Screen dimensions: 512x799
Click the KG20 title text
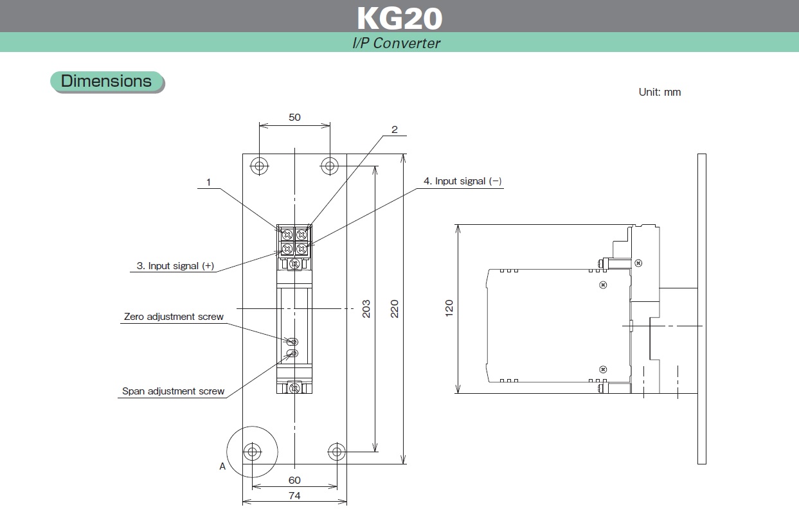point(399,18)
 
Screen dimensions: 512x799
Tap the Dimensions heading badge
point(107,82)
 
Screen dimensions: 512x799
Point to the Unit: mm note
point(660,92)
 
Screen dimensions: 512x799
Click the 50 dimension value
point(294,118)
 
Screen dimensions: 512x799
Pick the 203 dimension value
point(366,308)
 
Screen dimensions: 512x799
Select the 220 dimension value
point(395,308)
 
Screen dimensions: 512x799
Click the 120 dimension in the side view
point(449,308)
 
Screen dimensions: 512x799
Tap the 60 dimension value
point(294,480)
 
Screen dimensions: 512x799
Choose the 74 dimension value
point(294,495)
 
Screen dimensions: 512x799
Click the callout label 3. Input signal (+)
point(175,266)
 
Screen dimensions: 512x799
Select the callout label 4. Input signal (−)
point(462,181)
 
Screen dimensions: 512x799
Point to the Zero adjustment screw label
point(174,317)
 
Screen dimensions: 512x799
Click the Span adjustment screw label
point(174,391)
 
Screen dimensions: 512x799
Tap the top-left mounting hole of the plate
point(259,166)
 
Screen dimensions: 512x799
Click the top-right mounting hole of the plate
point(330,166)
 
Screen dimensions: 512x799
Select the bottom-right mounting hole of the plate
point(337,451)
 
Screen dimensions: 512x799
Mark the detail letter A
point(222,466)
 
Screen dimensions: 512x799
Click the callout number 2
point(395,129)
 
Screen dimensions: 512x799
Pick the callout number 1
point(208,182)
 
